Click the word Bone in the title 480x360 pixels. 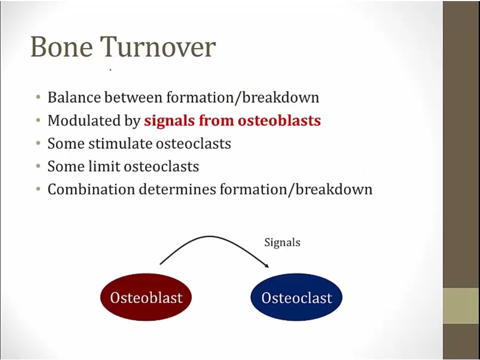pyautogui.click(x=61, y=47)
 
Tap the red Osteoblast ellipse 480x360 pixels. pyautogui.click(x=146, y=297)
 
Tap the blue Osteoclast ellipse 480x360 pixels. pyautogui.click(x=297, y=297)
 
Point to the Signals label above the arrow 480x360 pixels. pyautogui.click(x=282, y=242)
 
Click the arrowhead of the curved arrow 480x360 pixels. pyautogui.click(x=266, y=265)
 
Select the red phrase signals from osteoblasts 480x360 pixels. pyautogui.click(x=233, y=121)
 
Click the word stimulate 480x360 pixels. pyautogui.click(x=121, y=143)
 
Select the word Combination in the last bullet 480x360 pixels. pyautogui.click(x=91, y=189)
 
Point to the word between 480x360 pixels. pyautogui.click(x=133, y=98)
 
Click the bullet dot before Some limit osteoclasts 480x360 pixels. pyautogui.click(x=38, y=166)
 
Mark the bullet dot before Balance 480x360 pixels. pyautogui.click(x=38, y=98)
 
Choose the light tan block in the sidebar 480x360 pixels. pyautogui.click(x=461, y=306)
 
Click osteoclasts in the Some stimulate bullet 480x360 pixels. pyautogui.click(x=194, y=143)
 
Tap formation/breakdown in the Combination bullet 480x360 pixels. pyautogui.click(x=296, y=189)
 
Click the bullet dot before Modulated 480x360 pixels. pyautogui.click(x=38, y=121)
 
